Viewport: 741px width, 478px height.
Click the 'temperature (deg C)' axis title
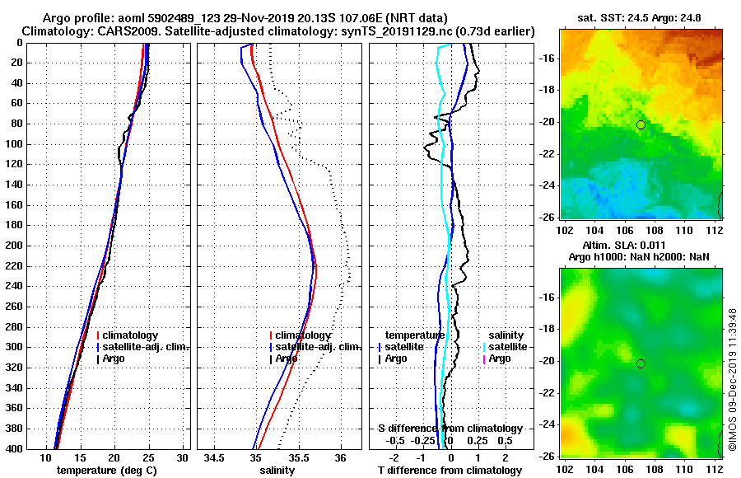(106, 471)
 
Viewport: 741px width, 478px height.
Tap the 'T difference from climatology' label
(450, 471)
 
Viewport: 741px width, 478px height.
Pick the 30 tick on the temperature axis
(183, 457)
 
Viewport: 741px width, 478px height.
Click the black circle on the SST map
(641, 124)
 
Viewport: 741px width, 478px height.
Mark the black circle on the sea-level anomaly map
(641, 363)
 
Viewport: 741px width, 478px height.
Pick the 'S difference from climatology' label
(450, 429)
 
